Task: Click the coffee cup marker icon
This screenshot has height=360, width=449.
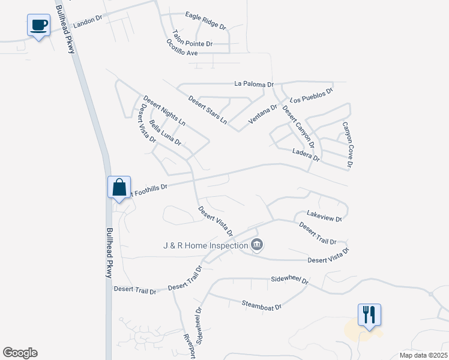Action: point(39,25)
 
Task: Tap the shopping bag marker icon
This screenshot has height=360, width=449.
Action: point(119,186)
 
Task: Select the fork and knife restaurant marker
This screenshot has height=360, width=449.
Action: point(369,314)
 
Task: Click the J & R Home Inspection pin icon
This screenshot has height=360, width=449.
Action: point(257,245)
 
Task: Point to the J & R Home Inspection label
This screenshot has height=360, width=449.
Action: point(205,245)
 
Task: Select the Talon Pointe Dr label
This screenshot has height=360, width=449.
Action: point(192,40)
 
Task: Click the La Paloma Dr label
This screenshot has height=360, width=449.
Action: point(254,85)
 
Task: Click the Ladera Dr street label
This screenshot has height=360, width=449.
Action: point(306,155)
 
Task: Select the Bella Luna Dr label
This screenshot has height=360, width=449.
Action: point(166,133)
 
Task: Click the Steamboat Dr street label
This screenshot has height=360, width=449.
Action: point(262,305)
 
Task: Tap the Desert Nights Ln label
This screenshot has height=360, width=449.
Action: point(164,110)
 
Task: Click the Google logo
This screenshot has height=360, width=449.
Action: point(20,353)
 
